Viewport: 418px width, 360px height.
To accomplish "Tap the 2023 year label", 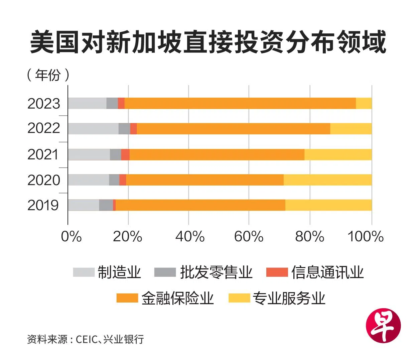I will pyautogui.click(x=44, y=104).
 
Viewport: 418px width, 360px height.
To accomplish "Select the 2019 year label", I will pyautogui.click(x=43, y=205).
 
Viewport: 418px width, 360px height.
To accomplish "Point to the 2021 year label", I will pyautogui.click(x=43, y=154).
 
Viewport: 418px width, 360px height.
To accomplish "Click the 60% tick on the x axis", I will pyautogui.click(x=249, y=237).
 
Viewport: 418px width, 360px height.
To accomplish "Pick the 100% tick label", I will pyautogui.click(x=366, y=237).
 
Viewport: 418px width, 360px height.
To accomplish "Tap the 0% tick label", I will pyautogui.click(x=71, y=237).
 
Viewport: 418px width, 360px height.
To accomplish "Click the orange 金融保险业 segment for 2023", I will pyautogui.click(x=240, y=104).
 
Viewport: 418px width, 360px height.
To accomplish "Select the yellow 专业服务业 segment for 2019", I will pyautogui.click(x=328, y=205).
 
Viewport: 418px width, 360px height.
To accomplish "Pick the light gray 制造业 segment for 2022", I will pyautogui.click(x=93, y=129).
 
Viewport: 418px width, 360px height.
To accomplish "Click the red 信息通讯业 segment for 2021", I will pyautogui.click(x=125, y=154).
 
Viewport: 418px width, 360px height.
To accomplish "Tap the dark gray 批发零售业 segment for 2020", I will pyautogui.click(x=114, y=180).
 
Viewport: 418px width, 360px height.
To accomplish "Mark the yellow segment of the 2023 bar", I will pyautogui.click(x=364, y=104).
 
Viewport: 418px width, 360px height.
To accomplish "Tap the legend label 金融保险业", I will pyautogui.click(x=177, y=298).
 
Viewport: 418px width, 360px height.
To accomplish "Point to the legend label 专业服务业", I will pyautogui.click(x=289, y=298).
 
